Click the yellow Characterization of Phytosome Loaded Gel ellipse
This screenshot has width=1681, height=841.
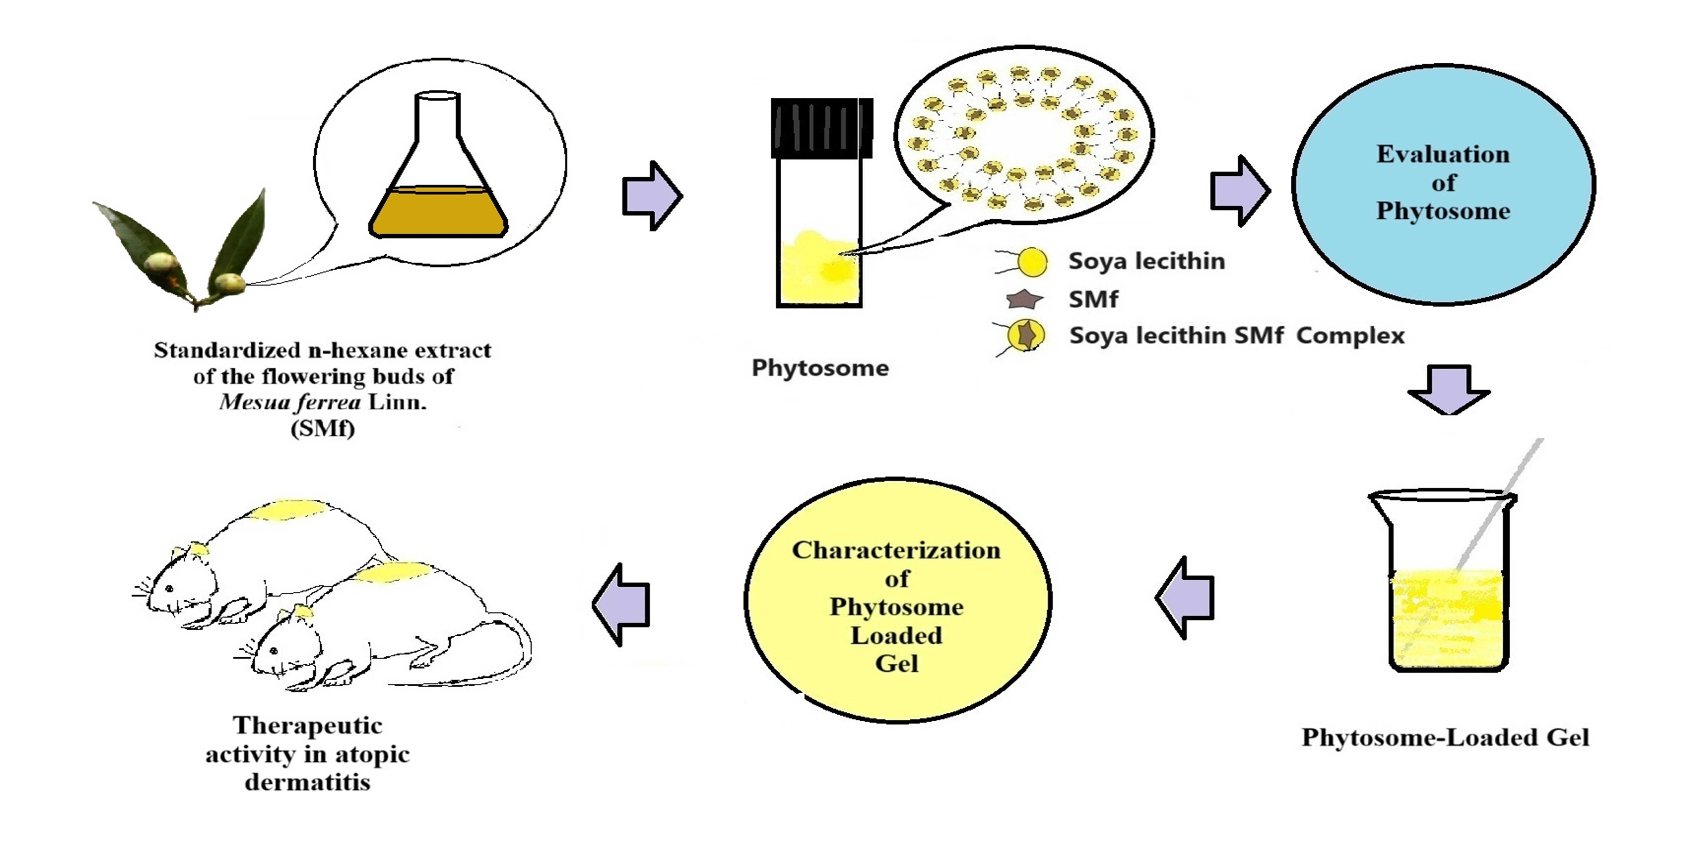point(897,601)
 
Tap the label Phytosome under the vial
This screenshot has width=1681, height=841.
point(820,368)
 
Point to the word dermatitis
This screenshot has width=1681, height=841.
point(307,782)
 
